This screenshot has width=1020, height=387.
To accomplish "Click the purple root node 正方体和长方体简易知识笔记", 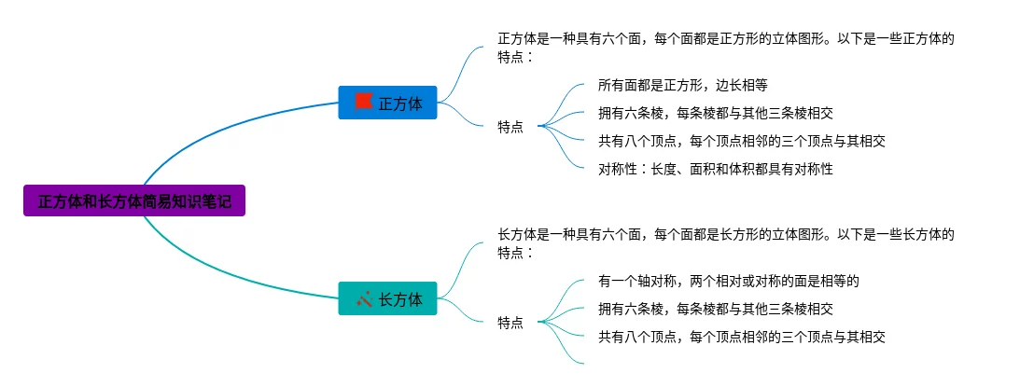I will click(134, 200).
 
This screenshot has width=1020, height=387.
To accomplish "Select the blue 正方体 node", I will click(387, 103).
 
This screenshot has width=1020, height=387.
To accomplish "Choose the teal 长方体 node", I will click(387, 298).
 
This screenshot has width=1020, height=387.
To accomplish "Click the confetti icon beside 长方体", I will click(364, 298).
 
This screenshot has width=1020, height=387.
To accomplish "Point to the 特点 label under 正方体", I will click(510, 128).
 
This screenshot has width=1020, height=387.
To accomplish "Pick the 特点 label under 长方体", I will click(510, 323).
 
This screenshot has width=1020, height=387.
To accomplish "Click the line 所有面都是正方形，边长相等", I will click(682, 85).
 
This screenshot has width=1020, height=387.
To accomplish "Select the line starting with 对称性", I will click(715, 169).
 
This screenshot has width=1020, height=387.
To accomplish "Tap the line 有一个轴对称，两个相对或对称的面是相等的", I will click(728, 281).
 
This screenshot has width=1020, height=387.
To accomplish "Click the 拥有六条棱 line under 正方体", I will click(715, 113).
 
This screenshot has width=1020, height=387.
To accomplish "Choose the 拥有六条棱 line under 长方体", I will click(715, 309).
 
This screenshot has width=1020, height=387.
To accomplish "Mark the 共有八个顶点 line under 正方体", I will click(741, 141).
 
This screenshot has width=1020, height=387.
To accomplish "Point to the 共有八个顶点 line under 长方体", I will click(741, 337).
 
